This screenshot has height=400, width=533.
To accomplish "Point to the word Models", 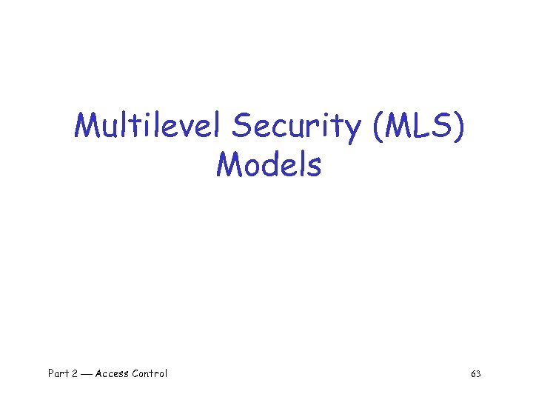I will pyautogui.click(x=269, y=164).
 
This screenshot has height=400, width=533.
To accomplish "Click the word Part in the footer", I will pyautogui.click(x=58, y=373).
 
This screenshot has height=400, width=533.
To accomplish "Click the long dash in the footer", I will pyautogui.click(x=87, y=374).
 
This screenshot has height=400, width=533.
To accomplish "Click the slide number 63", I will pyautogui.click(x=475, y=374).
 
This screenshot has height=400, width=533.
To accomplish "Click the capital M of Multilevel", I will pyautogui.click(x=87, y=127).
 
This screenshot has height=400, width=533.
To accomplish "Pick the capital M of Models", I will pyautogui.click(x=228, y=164).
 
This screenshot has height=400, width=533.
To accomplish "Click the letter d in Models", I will pyautogui.click(x=270, y=164).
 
